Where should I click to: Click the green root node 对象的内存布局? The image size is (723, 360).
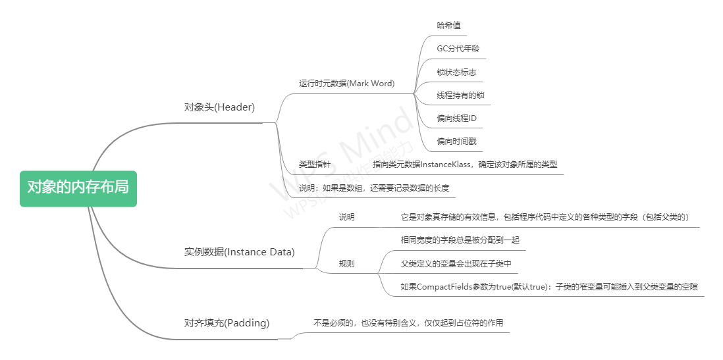click(78, 188)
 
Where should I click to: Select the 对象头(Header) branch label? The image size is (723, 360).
click(219, 107)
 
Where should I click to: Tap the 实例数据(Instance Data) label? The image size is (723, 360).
click(239, 252)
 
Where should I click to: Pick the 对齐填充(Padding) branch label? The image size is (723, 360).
click(227, 323)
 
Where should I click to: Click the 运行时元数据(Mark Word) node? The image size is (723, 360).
click(346, 84)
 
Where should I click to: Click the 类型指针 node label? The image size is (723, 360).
click(315, 164)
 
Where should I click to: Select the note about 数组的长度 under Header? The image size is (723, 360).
click(374, 188)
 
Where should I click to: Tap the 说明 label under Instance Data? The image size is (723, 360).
click(346, 217)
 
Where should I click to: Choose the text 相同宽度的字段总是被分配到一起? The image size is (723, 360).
click(460, 240)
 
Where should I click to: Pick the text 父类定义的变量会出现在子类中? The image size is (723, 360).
click(456, 263)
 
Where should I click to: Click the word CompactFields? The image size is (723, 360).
click(443, 286)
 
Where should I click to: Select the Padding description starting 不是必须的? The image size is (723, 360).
click(408, 323)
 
